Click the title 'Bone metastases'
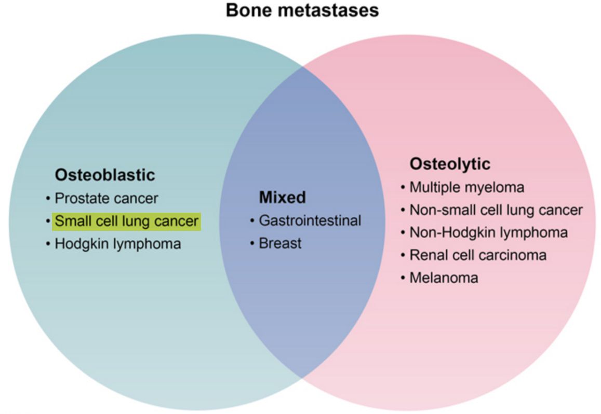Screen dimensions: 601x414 302,10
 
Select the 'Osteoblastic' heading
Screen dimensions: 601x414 104,175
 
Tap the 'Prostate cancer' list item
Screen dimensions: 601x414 106,198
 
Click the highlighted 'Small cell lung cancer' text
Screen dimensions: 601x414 127,222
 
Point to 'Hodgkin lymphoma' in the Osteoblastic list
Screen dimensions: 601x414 118,244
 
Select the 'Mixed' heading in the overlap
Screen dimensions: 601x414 283,197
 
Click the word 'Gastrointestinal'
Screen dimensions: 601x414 310,220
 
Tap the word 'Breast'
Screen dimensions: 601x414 280,243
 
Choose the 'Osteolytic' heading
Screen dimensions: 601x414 450,164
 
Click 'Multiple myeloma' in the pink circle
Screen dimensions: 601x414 467,187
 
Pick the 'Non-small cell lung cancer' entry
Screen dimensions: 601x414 496,210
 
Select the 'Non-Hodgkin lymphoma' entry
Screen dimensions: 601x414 489,232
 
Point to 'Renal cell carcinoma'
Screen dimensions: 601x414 478,255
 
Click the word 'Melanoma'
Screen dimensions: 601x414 444,278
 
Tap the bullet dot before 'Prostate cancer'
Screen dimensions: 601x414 48,199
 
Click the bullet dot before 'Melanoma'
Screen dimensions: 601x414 403,278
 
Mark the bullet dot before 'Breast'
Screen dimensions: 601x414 252,243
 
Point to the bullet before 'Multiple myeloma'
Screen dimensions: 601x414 403,188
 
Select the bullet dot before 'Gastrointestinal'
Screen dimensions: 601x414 252,221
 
